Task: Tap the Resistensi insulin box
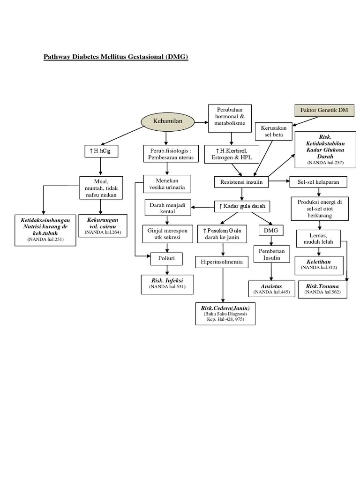pos(241,181)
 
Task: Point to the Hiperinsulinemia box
pos(222,262)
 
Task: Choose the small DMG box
pos(271,231)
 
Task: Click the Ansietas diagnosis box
pos(271,289)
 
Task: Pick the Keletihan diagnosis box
pos(319,265)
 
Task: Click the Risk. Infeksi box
pos(167,284)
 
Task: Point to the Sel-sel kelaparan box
pos(319,181)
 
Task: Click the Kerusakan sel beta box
pos(274,131)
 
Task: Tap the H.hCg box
pos(99,151)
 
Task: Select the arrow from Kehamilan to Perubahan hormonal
pos(196,123)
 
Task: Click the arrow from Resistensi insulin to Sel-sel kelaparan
pos(279,181)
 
